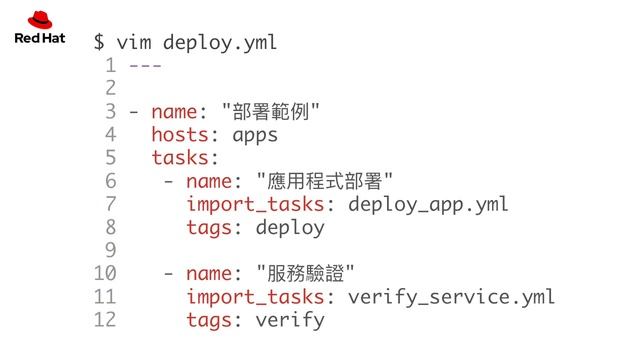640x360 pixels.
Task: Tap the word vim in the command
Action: point(133,43)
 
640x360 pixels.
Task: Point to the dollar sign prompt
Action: point(99,43)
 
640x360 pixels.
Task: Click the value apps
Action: point(254,135)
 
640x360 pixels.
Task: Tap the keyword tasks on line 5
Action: point(182,158)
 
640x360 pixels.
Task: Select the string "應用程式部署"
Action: point(324,181)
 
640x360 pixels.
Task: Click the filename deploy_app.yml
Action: point(427,204)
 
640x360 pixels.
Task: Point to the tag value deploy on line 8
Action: point(290,227)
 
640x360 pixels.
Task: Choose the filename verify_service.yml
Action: point(450,296)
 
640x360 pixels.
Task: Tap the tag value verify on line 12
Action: point(290,320)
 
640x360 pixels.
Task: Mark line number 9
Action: point(110,250)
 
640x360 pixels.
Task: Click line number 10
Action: point(104,273)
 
